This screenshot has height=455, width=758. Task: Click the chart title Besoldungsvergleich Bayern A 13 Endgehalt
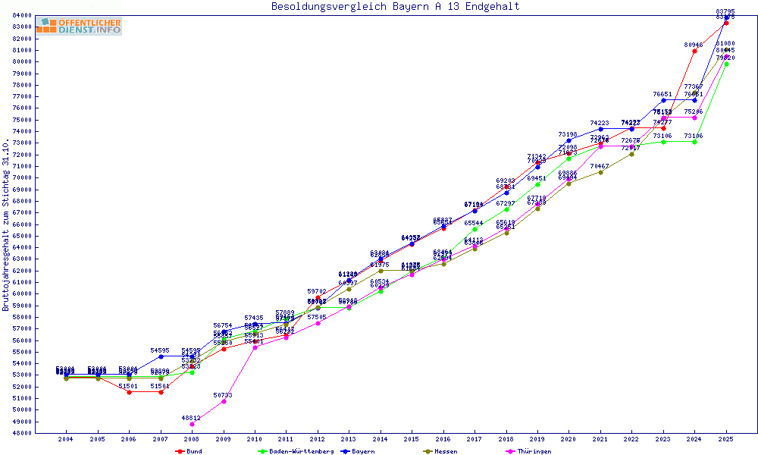pyautogui.click(x=396, y=7)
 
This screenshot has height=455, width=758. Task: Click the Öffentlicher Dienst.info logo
pyautogui.click(x=78, y=27)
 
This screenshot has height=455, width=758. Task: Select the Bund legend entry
pyautogui.click(x=189, y=451)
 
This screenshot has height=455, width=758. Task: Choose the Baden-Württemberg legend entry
pyautogui.click(x=296, y=451)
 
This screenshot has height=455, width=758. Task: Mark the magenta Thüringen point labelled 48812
pyautogui.click(x=192, y=424)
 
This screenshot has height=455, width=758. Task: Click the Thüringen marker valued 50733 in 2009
pyautogui.click(x=224, y=401)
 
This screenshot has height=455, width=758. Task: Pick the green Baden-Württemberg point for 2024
pyautogui.click(x=694, y=142)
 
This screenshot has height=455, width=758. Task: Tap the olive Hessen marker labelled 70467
pyautogui.click(x=600, y=172)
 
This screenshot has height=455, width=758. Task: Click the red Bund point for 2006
pyautogui.click(x=129, y=392)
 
